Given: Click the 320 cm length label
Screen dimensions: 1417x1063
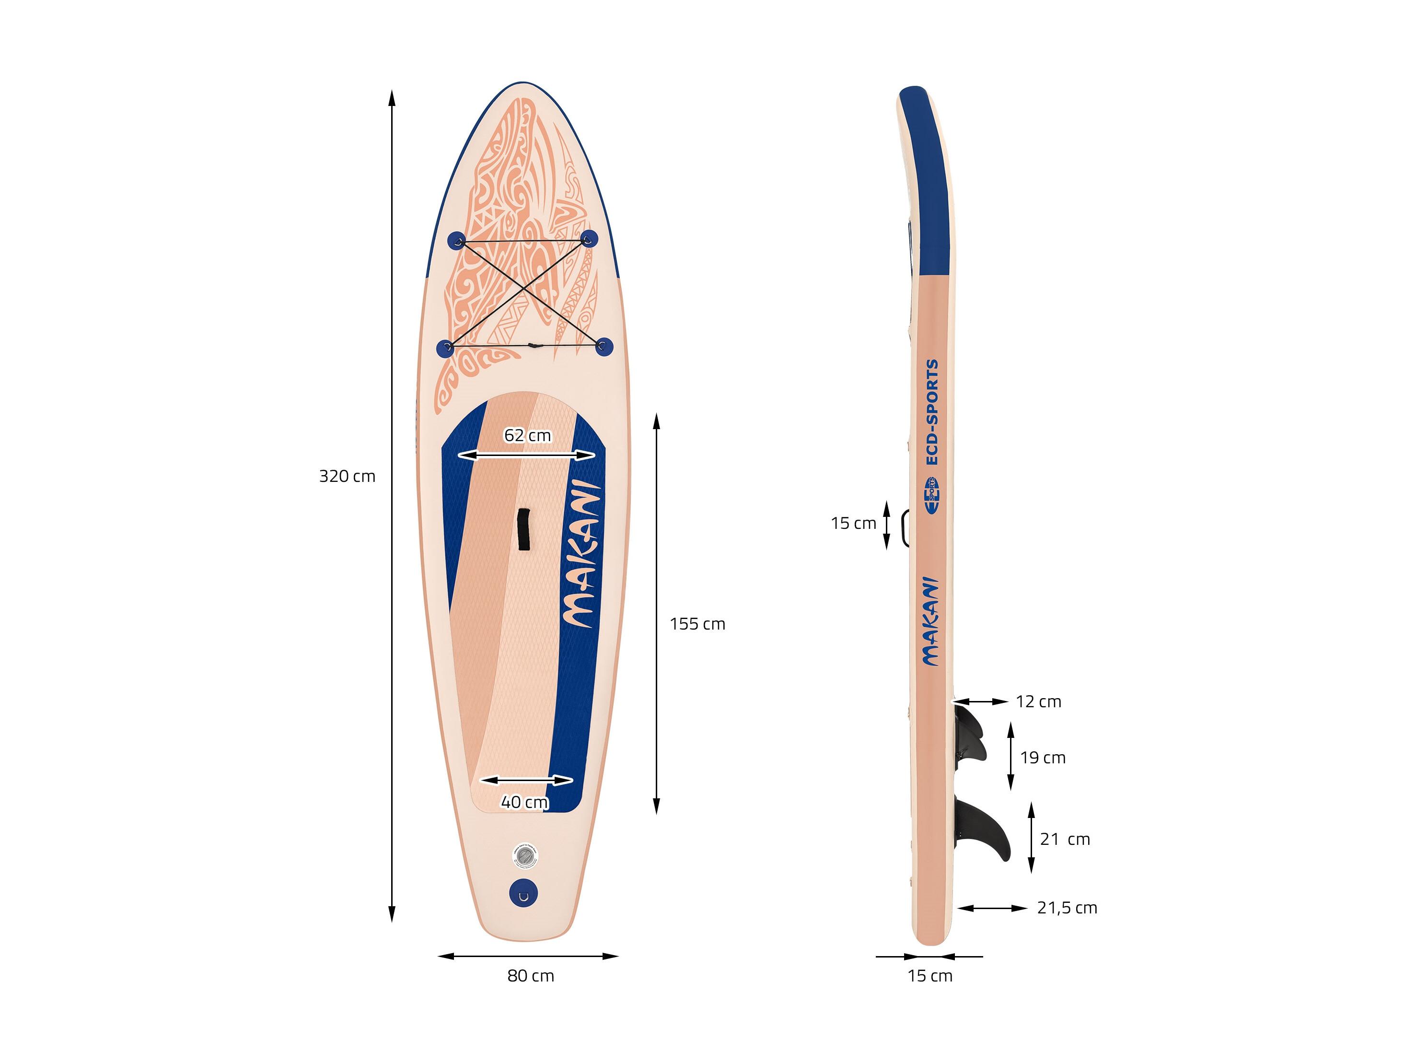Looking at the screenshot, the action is [x=347, y=476].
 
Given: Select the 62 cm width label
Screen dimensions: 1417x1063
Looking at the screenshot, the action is [x=527, y=435].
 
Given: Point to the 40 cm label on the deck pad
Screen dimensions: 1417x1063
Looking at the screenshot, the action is [x=524, y=802].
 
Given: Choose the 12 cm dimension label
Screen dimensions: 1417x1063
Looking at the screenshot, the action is [x=1038, y=701].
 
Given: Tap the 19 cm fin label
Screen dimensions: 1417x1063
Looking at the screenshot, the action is [x=1043, y=758].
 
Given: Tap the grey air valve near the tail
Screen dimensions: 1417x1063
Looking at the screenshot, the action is [x=524, y=856].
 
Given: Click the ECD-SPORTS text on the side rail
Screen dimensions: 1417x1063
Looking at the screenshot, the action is [x=932, y=412].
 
